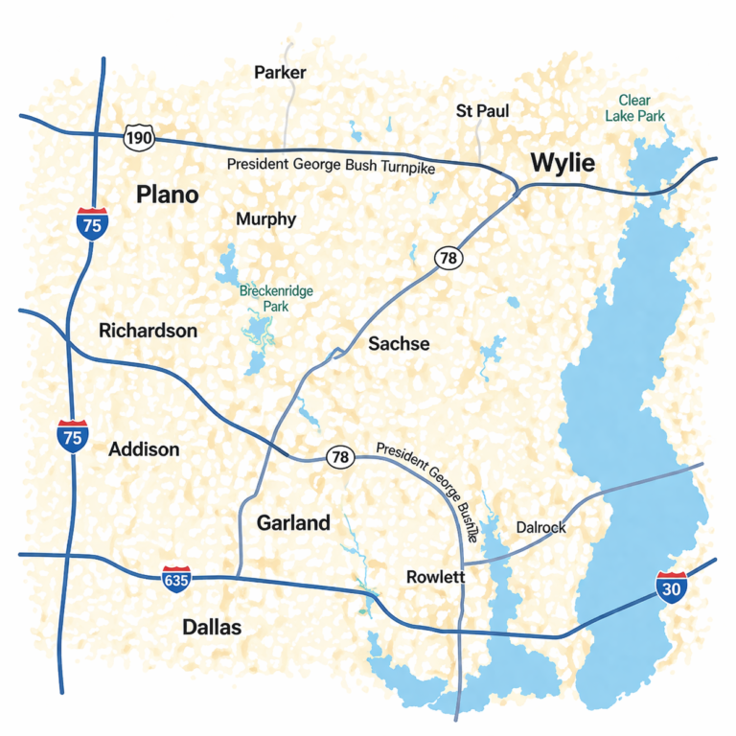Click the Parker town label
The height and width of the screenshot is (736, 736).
[x=280, y=73]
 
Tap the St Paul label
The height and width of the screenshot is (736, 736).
[x=482, y=111]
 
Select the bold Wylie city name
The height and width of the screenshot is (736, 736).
[x=563, y=163]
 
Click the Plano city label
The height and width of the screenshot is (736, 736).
[x=167, y=195]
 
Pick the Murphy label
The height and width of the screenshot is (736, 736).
[x=265, y=219]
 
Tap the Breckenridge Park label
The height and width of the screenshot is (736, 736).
[x=276, y=298]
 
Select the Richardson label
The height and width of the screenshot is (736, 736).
[x=148, y=331]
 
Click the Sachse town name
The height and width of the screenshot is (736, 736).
[x=399, y=344]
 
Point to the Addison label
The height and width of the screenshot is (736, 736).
[x=144, y=448]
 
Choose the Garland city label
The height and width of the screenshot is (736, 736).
[x=293, y=522]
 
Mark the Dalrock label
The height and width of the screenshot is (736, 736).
[x=540, y=527]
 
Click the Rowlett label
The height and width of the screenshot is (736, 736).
[x=435, y=577]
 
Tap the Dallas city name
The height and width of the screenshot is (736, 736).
[x=212, y=628]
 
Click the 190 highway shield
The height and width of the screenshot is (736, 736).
[x=139, y=138]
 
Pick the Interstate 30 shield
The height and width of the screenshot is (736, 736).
[x=671, y=587]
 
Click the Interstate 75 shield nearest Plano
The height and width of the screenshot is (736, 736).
[x=92, y=221]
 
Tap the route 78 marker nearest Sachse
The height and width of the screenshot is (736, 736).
[x=447, y=258]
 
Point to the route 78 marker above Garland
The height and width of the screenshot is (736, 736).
[x=339, y=457]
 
